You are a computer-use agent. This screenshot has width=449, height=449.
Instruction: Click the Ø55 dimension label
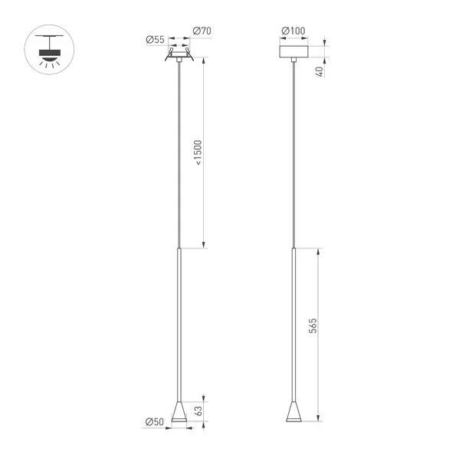coord(155,40)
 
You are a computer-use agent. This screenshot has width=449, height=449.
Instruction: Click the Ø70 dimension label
coord(202,31)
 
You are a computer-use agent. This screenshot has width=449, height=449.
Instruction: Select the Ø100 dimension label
coord(293,31)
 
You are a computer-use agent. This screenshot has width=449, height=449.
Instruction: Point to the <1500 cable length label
coord(198,152)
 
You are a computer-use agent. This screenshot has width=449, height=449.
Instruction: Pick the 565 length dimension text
coord(313,326)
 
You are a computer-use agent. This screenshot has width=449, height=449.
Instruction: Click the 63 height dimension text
coord(198,411)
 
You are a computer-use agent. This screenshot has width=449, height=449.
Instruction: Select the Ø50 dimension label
coord(155,421)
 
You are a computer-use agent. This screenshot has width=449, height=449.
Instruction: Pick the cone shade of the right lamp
coord(293,414)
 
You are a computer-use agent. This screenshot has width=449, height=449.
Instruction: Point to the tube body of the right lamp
coord(293,322)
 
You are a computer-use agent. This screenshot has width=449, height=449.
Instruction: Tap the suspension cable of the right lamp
coord(293,153)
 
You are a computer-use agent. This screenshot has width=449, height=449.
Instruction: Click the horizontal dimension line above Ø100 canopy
coord(293,39)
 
